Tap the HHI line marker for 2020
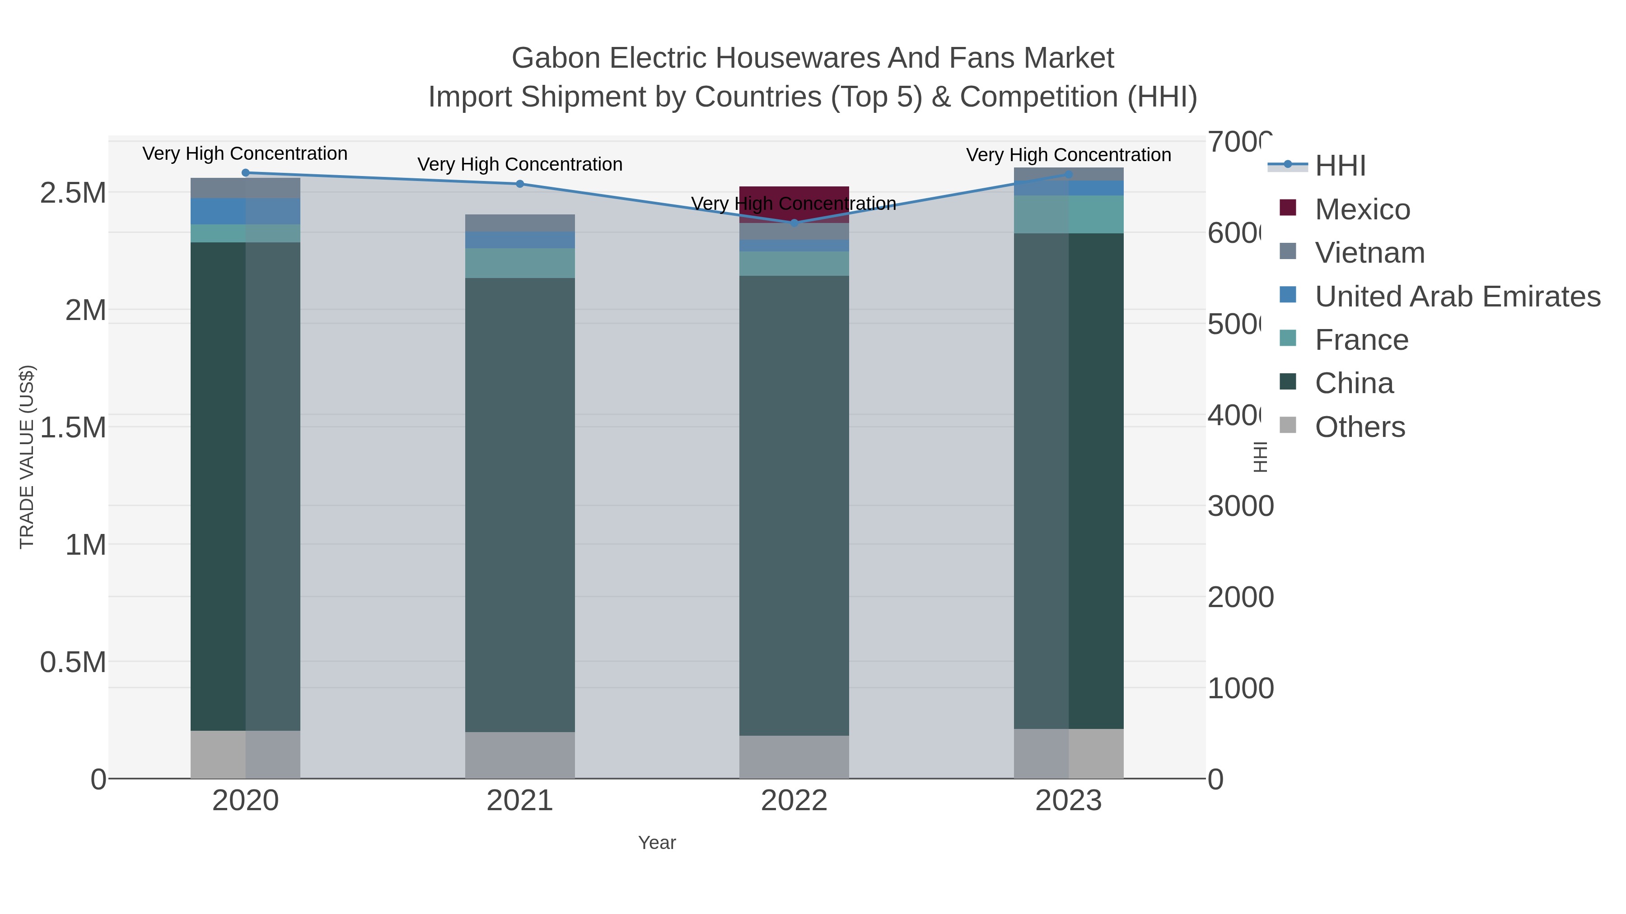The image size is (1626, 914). click(x=246, y=173)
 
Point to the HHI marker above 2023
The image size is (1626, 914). click(x=1068, y=175)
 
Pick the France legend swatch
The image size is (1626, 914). click(x=1287, y=339)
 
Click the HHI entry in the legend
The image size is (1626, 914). click(x=1340, y=166)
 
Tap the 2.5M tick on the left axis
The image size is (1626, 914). click(x=73, y=193)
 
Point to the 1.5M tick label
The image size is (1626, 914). click(x=73, y=428)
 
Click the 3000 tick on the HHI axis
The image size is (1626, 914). click(x=1240, y=506)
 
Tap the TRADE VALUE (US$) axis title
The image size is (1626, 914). click(x=27, y=457)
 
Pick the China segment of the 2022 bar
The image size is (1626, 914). click(x=794, y=505)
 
